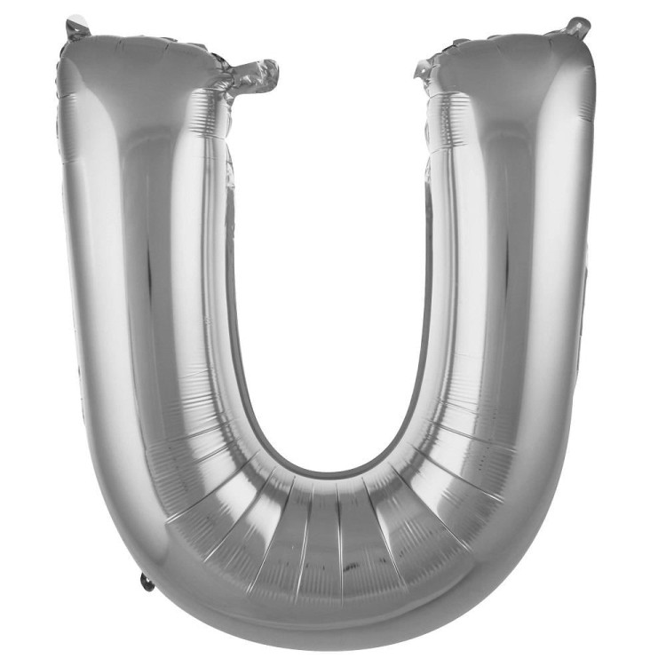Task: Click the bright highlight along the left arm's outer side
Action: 89,266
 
